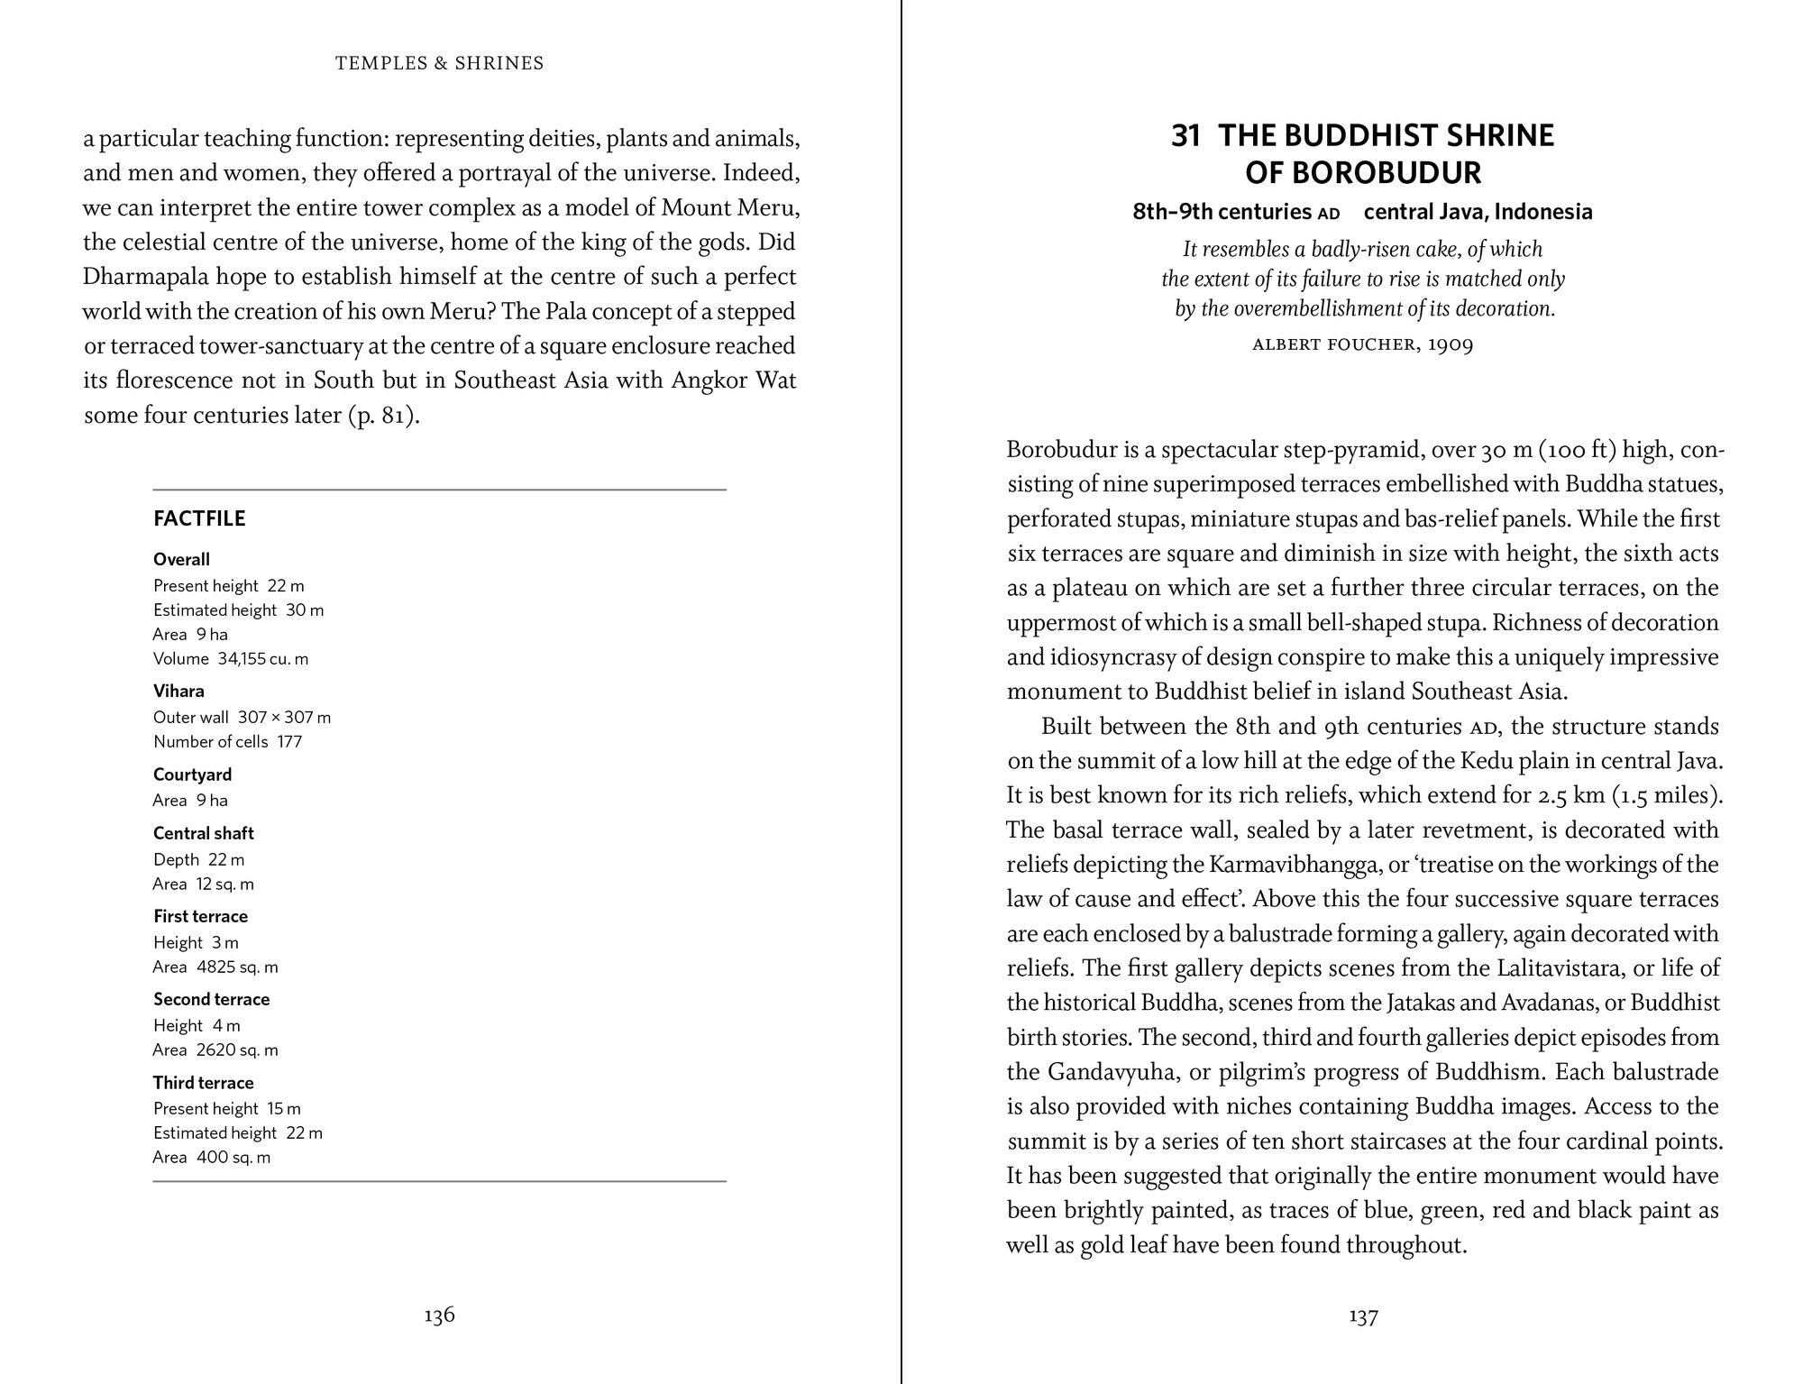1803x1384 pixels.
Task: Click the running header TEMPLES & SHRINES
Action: point(439,63)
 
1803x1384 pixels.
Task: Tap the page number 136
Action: point(439,1315)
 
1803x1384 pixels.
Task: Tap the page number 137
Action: point(1363,1317)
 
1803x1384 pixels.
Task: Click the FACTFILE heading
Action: point(199,519)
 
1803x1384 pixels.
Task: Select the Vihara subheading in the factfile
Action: point(178,692)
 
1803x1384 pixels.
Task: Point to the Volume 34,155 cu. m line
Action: point(231,659)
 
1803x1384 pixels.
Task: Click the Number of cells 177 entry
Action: point(227,742)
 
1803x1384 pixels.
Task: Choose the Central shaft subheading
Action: point(204,834)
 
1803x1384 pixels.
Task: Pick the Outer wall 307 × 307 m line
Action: point(242,718)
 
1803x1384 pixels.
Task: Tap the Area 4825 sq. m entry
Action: point(215,967)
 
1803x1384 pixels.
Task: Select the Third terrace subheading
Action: point(204,1083)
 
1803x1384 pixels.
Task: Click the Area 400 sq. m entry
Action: point(212,1158)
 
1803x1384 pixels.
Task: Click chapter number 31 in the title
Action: point(1185,136)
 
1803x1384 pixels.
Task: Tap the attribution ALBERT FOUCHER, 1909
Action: point(1362,345)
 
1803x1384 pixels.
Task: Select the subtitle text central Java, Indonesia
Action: point(1478,212)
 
